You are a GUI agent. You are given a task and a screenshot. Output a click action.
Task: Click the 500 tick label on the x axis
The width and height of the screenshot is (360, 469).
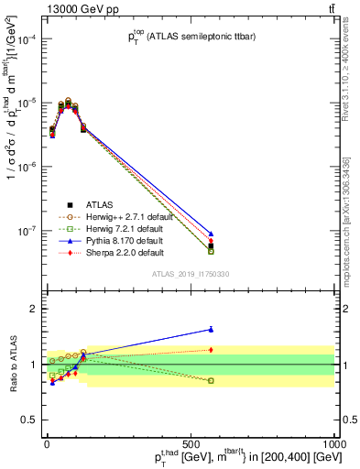point(191,443)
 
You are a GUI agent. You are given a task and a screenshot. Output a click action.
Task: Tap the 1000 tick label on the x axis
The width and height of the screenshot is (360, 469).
point(335,443)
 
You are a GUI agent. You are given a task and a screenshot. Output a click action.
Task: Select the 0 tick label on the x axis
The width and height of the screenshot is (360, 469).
point(46,443)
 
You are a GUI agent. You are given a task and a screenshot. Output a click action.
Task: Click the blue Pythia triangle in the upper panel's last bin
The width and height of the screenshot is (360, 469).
point(212,234)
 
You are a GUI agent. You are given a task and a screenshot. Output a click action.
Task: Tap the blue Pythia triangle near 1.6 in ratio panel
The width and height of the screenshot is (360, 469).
point(212,329)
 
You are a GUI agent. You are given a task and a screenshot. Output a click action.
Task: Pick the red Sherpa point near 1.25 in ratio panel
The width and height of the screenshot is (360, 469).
point(212,349)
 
